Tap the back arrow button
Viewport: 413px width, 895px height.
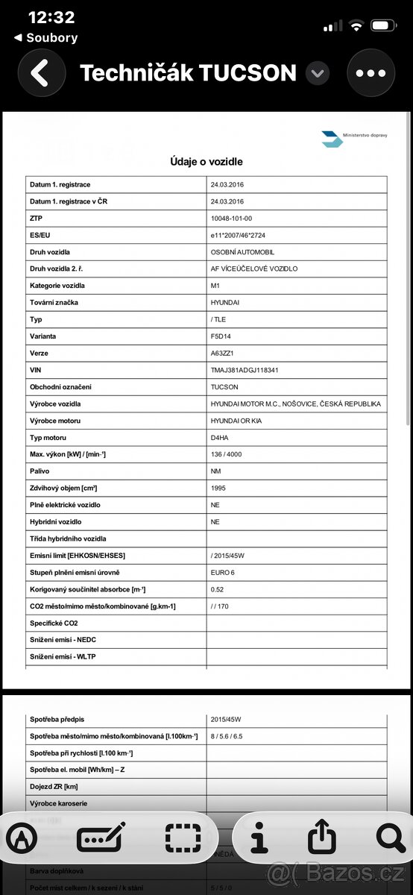[x=42, y=73]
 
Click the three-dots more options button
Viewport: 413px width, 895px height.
[x=371, y=73]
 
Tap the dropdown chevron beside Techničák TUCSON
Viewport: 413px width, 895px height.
[x=318, y=73]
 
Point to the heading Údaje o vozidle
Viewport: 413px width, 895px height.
[x=206, y=161]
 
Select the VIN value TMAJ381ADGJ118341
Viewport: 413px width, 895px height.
[x=245, y=370]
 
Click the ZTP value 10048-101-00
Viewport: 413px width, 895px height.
[x=232, y=218]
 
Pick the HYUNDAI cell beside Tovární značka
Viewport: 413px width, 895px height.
[x=226, y=302]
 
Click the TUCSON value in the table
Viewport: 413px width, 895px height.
[x=224, y=387]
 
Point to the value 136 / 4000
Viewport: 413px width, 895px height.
[x=227, y=454]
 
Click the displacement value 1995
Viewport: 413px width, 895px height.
[x=220, y=488]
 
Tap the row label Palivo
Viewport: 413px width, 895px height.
[x=40, y=471]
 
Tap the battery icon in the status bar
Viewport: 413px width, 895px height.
[x=385, y=26]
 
